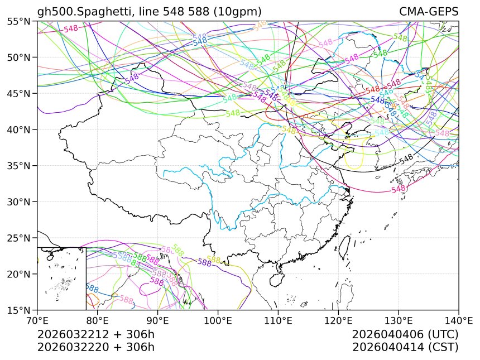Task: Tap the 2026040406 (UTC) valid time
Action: [405, 334]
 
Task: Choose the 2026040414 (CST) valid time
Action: [405, 347]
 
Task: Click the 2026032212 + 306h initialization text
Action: [95, 334]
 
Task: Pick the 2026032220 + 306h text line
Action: [95, 347]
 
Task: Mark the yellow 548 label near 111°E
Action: [289, 130]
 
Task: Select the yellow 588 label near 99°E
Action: [214, 260]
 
